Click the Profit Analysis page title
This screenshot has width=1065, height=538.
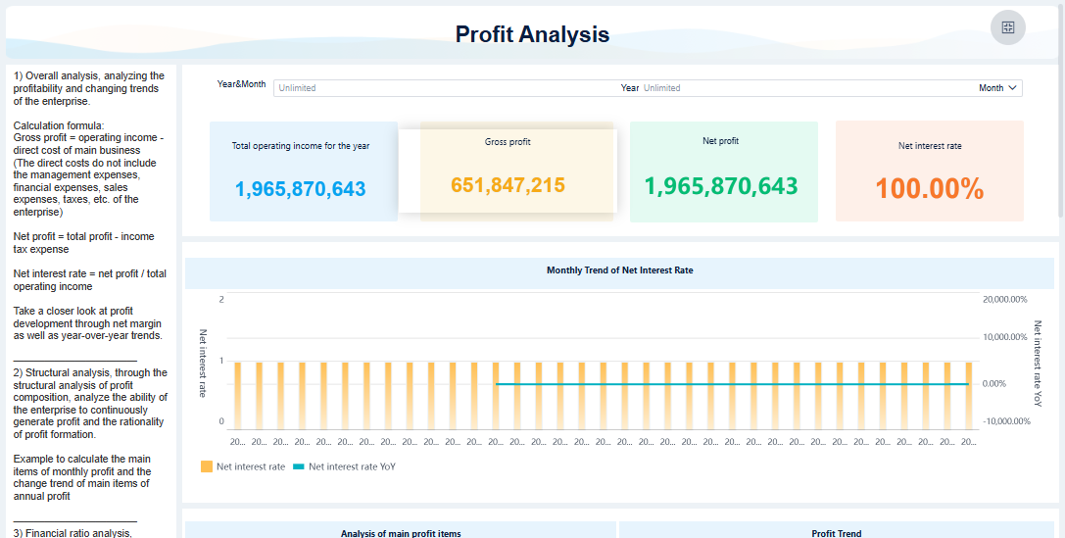[x=532, y=34]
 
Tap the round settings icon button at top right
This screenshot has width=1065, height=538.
[x=1008, y=27]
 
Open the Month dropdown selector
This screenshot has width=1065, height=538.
[x=998, y=88]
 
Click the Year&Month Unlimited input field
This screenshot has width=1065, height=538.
[x=441, y=88]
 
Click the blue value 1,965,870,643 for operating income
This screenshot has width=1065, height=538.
[x=301, y=189]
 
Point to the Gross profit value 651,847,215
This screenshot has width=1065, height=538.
[x=508, y=184]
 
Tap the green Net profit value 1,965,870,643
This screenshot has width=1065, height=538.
[x=721, y=186]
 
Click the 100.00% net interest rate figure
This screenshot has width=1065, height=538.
[x=929, y=189]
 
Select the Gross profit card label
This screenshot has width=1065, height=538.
[x=508, y=142]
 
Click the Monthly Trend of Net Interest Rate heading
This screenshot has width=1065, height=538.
[x=619, y=269]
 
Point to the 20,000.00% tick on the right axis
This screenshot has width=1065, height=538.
[x=1004, y=300]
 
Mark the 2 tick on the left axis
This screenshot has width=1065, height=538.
[x=221, y=300]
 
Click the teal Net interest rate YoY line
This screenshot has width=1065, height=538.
[x=735, y=384]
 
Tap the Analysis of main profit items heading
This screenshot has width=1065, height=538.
[x=401, y=533]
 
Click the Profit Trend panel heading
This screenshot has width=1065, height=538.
[x=836, y=533]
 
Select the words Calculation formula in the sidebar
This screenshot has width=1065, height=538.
[x=55, y=125]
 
